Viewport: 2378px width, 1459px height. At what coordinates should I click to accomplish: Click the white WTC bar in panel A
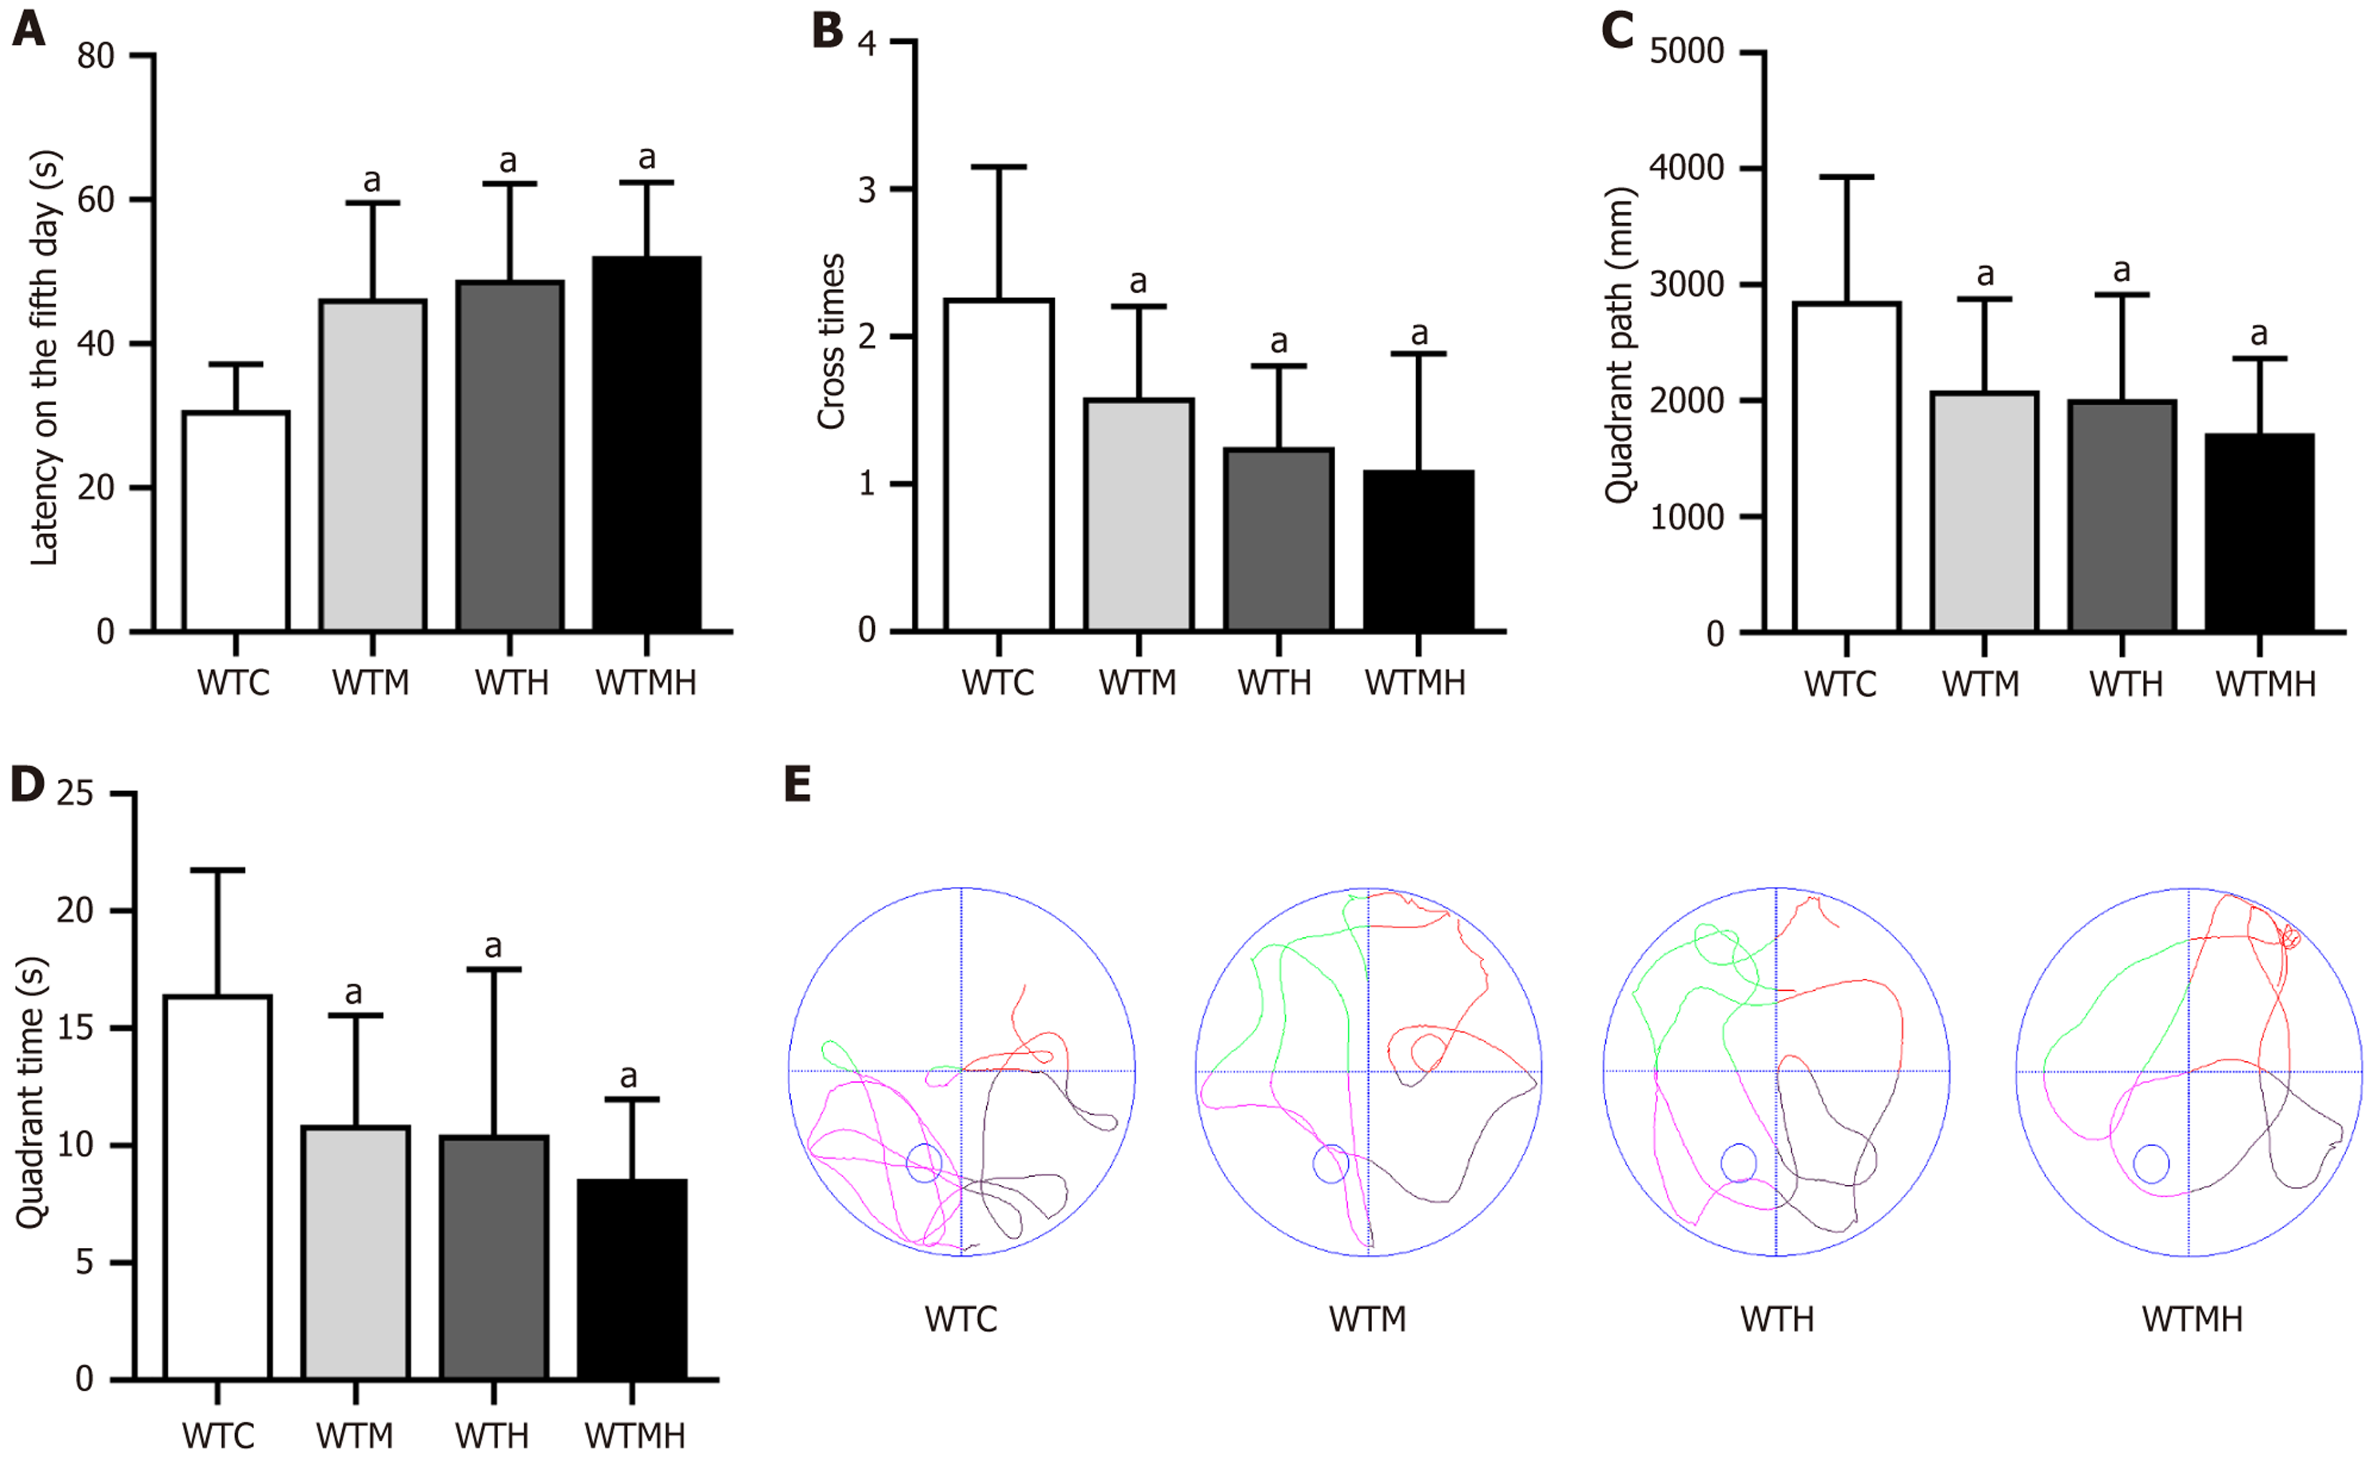[x=236, y=521]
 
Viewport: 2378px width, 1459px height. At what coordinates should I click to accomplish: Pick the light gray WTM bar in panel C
[x=1984, y=512]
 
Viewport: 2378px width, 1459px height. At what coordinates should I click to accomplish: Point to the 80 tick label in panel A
[x=96, y=56]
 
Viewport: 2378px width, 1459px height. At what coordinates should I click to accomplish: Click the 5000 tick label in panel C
[x=1686, y=51]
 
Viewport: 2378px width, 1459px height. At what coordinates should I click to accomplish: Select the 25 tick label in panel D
[x=75, y=793]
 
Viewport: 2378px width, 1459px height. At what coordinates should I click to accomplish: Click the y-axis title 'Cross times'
[x=831, y=342]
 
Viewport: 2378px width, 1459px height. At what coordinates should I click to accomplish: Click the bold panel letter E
[x=797, y=785]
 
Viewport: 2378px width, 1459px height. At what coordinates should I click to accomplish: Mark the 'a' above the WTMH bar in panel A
[x=646, y=157]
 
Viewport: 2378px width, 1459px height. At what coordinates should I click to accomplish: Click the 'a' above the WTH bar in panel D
[x=493, y=946]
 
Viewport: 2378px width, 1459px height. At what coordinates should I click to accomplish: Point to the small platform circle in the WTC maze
[x=924, y=1163]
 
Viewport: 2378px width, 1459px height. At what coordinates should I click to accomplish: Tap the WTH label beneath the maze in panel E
[x=1777, y=1319]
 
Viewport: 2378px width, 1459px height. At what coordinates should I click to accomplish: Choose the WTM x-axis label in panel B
[x=1138, y=683]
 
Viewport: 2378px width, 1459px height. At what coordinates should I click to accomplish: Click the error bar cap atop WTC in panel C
[x=1847, y=177]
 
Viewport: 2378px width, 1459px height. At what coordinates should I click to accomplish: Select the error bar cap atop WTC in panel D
[x=217, y=870]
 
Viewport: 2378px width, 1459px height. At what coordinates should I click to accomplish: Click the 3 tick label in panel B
[x=867, y=190]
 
